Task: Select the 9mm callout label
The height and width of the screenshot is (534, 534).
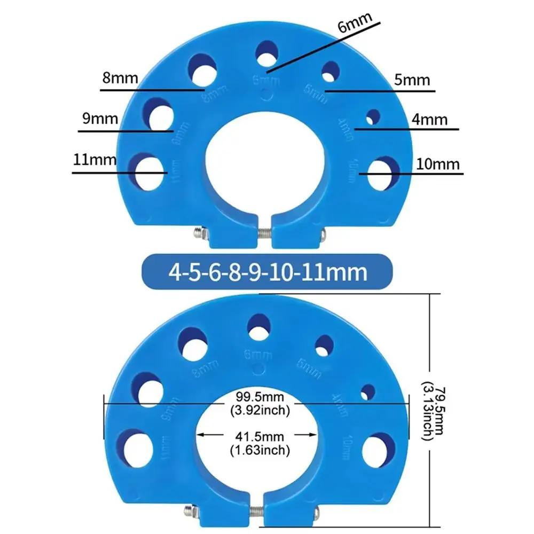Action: pyautogui.click(x=100, y=119)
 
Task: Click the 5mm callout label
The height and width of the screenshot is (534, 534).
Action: pyautogui.click(x=412, y=80)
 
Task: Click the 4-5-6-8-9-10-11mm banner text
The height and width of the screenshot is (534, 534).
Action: pyautogui.click(x=268, y=272)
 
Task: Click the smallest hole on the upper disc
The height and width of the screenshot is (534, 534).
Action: pyautogui.click(x=373, y=116)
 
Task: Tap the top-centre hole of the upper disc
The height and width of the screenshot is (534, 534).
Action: pyautogui.click(x=265, y=54)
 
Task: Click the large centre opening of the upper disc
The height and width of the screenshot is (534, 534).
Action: pyautogui.click(x=265, y=163)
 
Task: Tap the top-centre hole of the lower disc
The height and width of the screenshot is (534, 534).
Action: pyautogui.click(x=258, y=326)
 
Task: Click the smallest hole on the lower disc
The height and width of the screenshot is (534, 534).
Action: pyautogui.click(x=367, y=392)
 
